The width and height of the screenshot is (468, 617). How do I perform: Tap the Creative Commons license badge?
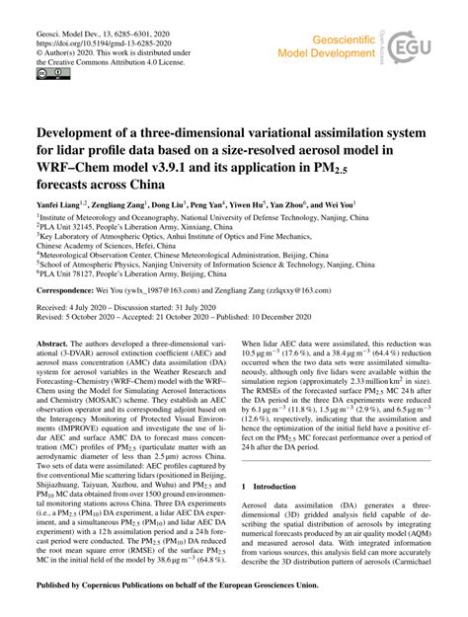(48, 73)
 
